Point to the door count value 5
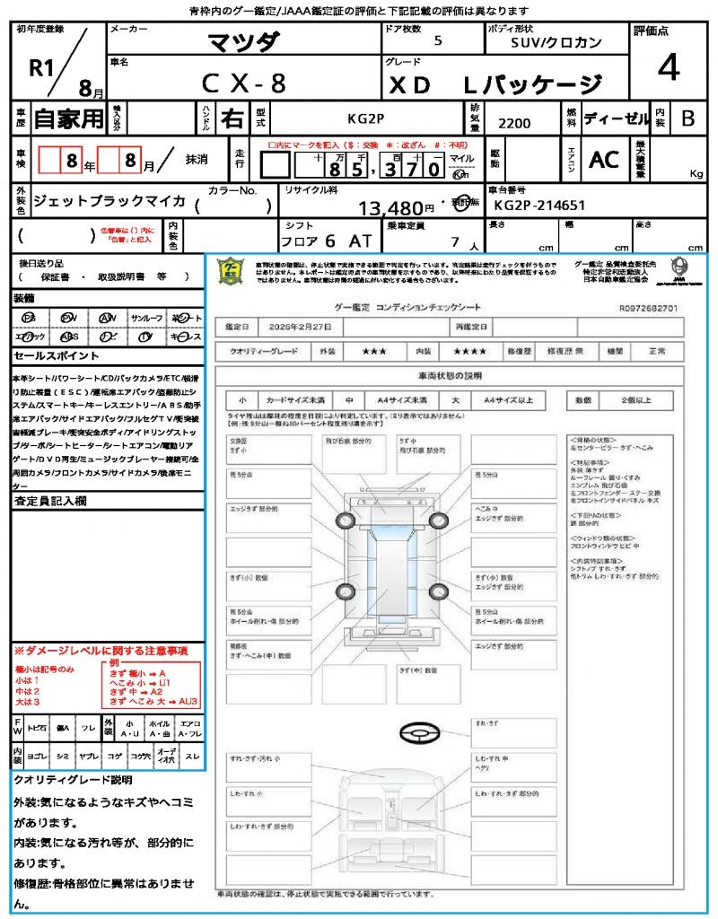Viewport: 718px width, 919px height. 437,41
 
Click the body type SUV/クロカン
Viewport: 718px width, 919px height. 550,42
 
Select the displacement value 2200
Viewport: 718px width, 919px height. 513,123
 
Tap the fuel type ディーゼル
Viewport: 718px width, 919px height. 616,118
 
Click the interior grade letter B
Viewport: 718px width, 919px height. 687,118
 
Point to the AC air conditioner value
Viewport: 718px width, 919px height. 603,160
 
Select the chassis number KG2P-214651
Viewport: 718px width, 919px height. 539,206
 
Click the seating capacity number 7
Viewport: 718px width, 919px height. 455,241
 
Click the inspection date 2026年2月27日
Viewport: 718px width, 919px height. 300,326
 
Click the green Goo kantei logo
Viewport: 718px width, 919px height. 232,270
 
